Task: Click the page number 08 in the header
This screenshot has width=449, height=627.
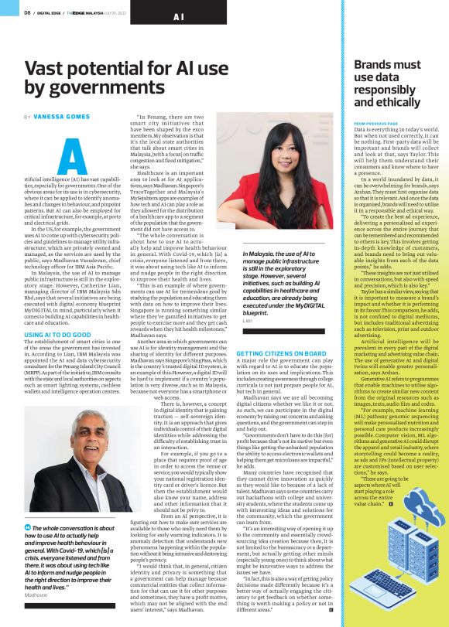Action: pyautogui.click(x=26, y=12)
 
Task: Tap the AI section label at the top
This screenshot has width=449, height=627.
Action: pyautogui.click(x=179, y=16)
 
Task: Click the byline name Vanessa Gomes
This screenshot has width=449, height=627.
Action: pyautogui.click(x=56, y=116)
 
